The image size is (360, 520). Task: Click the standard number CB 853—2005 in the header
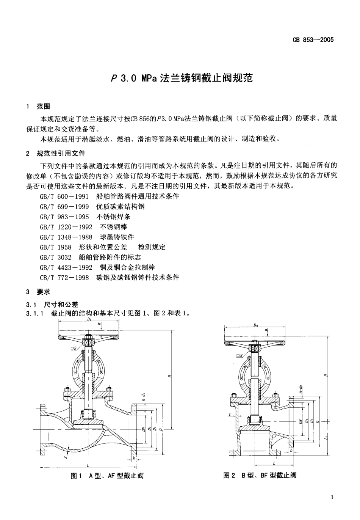click(x=313, y=40)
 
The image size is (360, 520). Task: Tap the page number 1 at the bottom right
click(x=332, y=497)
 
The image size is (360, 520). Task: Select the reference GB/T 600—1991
click(x=64, y=196)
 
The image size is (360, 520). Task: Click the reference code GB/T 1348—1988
click(x=66, y=237)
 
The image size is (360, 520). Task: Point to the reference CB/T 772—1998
click(x=64, y=278)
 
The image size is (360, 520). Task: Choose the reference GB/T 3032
click(x=55, y=257)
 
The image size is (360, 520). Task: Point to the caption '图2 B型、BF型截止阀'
click(x=260, y=475)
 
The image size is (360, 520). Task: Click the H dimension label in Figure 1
click(x=170, y=375)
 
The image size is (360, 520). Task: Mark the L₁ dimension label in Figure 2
click(x=326, y=438)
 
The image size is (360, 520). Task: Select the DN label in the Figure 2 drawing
click(x=300, y=421)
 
